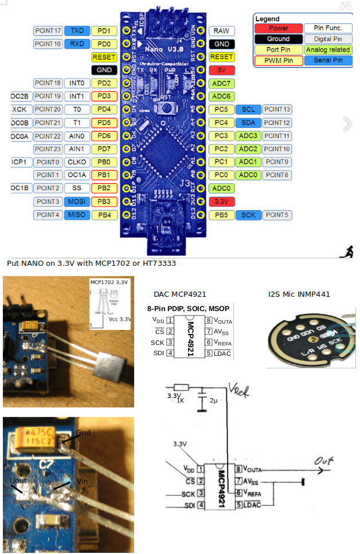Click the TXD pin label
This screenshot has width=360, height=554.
click(x=76, y=30)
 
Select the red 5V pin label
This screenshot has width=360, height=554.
click(x=221, y=70)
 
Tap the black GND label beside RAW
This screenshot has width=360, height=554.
click(x=221, y=44)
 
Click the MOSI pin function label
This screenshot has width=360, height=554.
click(x=76, y=202)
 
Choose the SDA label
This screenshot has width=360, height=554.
click(x=248, y=123)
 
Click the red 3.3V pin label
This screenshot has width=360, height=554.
click(x=221, y=202)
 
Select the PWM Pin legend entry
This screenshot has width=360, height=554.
click(x=279, y=60)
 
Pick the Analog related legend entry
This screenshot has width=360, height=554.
click(x=328, y=49)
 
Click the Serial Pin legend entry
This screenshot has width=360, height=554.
click(x=328, y=60)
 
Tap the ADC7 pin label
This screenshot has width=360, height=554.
click(x=221, y=83)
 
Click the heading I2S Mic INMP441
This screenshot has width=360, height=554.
click(x=299, y=294)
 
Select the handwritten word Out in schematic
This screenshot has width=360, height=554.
click(x=326, y=460)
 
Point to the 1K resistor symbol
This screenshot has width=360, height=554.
click(x=181, y=387)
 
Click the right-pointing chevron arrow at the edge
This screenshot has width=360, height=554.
click(x=347, y=124)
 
